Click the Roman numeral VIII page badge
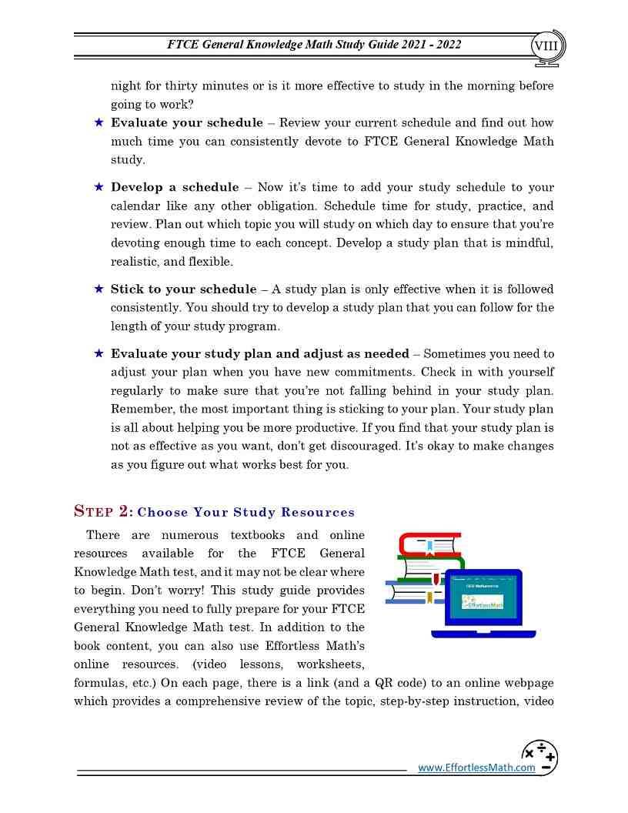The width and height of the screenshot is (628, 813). [549, 45]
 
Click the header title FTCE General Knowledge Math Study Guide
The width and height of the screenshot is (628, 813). [314, 45]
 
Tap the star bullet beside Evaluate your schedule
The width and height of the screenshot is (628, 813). [99, 122]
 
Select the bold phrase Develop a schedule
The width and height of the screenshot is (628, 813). [175, 187]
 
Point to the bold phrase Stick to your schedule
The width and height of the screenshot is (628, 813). [183, 289]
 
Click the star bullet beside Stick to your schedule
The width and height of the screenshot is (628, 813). [99, 289]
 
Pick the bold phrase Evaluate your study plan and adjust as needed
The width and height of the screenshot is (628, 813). [259, 354]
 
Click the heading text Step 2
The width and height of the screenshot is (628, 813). [103, 511]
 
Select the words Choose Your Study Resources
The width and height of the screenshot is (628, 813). [246, 513]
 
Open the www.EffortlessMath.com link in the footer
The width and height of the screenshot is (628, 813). [476, 768]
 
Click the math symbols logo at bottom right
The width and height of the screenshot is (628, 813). [539, 757]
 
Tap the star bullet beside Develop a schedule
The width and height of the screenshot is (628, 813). [99, 187]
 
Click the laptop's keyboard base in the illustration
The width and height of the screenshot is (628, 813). [483, 633]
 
